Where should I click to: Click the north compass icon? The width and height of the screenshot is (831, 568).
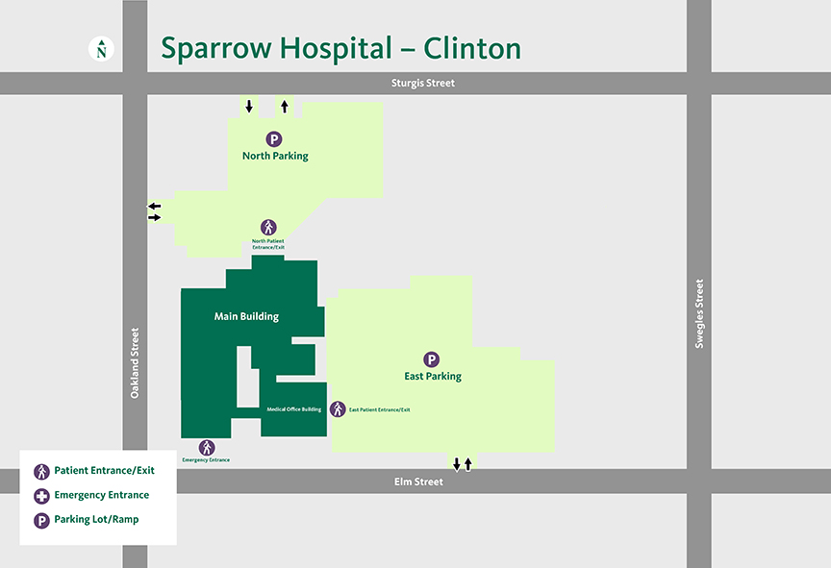102,49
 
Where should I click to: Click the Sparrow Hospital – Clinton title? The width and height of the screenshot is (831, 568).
340,48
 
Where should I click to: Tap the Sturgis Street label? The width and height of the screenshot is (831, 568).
422,84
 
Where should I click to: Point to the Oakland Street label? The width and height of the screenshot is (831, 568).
136,363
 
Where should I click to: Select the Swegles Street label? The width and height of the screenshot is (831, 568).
699,313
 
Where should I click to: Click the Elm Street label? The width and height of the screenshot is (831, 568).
419,482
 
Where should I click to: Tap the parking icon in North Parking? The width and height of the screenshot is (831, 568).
275,139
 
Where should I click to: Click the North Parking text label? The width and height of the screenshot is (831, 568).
275,156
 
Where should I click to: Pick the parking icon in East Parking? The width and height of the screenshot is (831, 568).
433,359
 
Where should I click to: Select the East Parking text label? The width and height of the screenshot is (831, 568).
433,376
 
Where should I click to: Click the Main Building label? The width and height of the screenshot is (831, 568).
246,316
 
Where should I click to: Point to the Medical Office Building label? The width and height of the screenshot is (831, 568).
293,409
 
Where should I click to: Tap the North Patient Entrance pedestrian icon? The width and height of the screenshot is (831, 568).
268,228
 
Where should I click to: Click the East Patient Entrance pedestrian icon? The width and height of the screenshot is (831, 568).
338,409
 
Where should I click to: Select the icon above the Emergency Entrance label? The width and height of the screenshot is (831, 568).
207,448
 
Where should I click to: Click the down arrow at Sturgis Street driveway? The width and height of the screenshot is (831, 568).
249,106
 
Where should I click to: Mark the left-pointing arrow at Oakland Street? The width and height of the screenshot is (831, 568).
154,206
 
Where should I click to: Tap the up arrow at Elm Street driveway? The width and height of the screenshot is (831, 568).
468,464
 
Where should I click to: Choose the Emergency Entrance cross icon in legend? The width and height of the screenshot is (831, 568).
41,496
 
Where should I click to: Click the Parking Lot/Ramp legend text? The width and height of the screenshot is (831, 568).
96,520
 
